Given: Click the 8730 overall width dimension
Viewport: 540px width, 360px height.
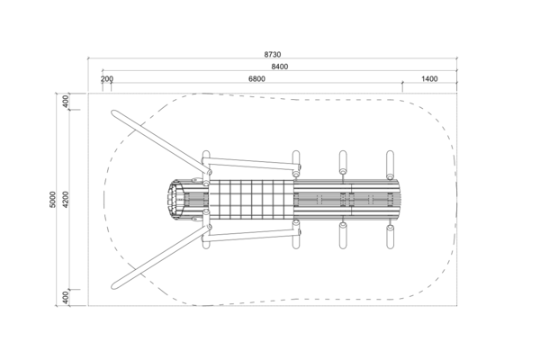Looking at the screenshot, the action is [x=273, y=54].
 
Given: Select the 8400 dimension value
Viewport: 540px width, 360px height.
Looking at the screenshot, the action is [x=280, y=67].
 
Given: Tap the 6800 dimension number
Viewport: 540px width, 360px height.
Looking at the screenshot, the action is [x=256, y=79].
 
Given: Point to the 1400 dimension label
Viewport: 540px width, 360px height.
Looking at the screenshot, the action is [x=429, y=79].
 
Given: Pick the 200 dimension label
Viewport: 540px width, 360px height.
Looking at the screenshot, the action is [x=107, y=79].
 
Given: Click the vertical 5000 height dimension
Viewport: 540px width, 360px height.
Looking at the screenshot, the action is [x=53, y=200].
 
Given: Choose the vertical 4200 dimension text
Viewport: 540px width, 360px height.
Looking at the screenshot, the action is [x=66, y=200].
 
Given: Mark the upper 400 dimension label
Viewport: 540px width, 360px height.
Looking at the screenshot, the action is [x=66, y=102].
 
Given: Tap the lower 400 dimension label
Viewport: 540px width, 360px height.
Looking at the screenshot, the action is [x=66, y=298].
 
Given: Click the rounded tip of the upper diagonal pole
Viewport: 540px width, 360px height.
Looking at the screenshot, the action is [x=114, y=113].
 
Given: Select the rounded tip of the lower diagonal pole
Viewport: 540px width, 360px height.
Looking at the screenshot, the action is [x=114, y=285].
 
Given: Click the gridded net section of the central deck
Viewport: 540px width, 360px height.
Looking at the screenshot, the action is [x=251, y=200].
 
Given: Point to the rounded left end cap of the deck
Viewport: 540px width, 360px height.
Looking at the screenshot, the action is [x=176, y=200].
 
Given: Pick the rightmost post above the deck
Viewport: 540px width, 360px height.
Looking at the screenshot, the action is [x=390, y=165].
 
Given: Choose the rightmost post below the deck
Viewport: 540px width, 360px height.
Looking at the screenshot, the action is [x=390, y=237].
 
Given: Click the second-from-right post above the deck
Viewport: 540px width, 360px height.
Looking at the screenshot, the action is [x=343, y=162].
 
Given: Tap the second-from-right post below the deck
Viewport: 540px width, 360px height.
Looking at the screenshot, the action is [x=343, y=236].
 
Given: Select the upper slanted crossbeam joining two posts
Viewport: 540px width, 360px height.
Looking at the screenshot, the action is [x=252, y=164].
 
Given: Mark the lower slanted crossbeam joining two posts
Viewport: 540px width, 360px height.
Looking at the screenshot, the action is [x=252, y=236].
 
